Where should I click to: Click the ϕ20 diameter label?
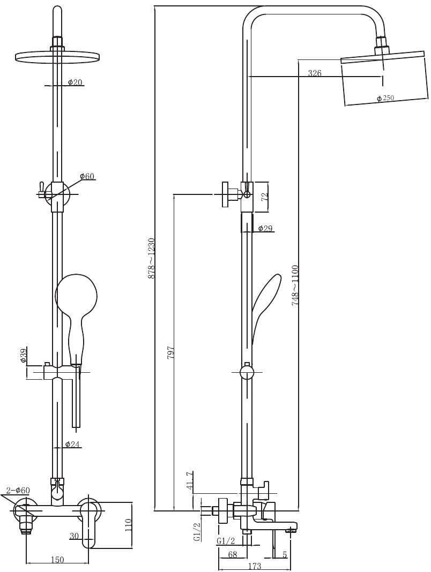(75, 82)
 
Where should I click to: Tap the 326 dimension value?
(315, 73)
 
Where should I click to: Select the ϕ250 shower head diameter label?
(386, 98)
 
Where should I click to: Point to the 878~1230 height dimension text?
(151, 258)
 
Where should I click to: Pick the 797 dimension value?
(170, 351)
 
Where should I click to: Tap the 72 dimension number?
(265, 196)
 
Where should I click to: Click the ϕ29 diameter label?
(265, 228)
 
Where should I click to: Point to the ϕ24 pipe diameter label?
(73, 444)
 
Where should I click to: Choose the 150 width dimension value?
(57, 560)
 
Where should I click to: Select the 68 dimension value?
(233, 555)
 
